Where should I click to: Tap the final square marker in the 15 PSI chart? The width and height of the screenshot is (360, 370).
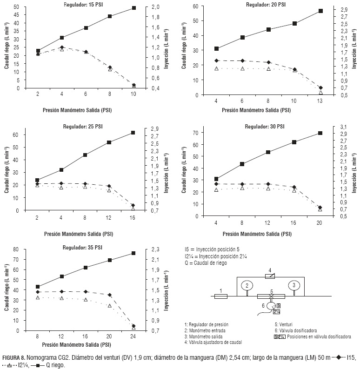tap(133, 8)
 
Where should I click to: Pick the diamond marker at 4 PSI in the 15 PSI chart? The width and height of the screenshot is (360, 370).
tap(62, 47)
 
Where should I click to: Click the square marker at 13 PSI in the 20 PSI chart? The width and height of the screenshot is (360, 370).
tap(320, 11)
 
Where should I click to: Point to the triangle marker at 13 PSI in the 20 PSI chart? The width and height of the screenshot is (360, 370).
tap(320, 93)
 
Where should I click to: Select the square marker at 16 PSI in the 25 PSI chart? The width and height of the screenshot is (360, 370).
tap(133, 133)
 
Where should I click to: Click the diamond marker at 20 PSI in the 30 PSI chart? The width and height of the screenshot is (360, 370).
tap(320, 208)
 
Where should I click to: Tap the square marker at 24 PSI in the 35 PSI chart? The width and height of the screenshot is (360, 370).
tap(133, 253)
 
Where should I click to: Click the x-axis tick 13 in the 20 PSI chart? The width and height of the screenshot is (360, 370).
tap(320, 101)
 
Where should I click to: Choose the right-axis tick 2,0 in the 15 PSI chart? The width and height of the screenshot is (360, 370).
tap(156, 7)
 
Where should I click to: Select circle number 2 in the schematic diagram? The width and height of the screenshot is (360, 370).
tap(247, 285)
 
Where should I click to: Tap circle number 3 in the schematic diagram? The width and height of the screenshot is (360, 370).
tap(294, 285)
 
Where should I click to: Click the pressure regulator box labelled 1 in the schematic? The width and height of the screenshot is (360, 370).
tap(220, 296)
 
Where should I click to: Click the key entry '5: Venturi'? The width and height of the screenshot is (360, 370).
tap(285, 324)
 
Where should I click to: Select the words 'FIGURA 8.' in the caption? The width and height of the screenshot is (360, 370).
tap(13, 357)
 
